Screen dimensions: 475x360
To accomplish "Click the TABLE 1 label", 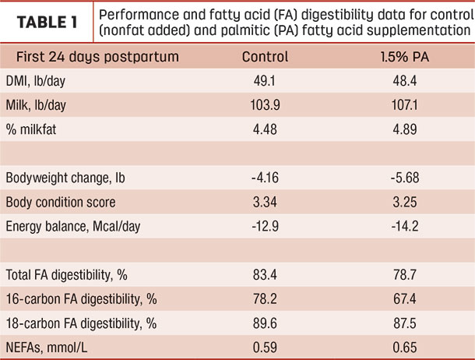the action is click(47, 23).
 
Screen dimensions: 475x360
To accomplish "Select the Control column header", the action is click(265, 57).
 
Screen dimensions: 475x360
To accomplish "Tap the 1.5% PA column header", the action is click(405, 57).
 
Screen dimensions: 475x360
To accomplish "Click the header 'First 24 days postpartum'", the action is click(97, 57).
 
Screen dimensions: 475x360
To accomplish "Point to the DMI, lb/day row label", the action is click(36, 81).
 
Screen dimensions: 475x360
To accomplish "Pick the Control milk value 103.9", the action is click(265, 105).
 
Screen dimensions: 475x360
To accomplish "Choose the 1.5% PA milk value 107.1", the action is click(405, 105).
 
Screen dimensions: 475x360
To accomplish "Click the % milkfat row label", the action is click(31, 129).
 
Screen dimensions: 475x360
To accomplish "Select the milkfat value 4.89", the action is click(405, 129).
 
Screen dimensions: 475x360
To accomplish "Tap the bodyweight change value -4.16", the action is click(265, 178).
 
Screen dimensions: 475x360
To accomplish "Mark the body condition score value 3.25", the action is click(405, 202).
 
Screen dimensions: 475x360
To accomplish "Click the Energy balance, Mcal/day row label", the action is click(73, 227).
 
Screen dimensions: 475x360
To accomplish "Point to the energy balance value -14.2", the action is click(405, 226).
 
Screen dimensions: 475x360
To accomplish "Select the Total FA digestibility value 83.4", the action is click(265, 275).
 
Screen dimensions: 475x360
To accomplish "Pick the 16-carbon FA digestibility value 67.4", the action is click(405, 299).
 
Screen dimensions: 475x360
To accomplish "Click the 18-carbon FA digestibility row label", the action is click(81, 323).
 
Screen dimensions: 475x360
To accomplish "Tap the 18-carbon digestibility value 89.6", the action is click(265, 323).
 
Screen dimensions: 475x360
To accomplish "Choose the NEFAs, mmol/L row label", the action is click(47, 348).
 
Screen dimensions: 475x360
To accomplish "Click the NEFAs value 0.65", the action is click(405, 348).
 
